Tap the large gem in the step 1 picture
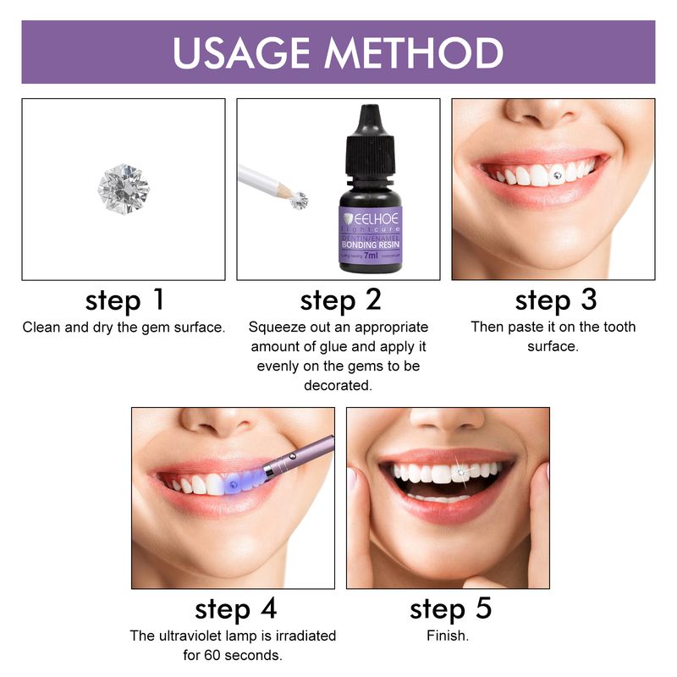click(123, 187)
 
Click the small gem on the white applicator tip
click(300, 200)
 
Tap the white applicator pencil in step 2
click(262, 180)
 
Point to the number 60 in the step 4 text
click(233, 654)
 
